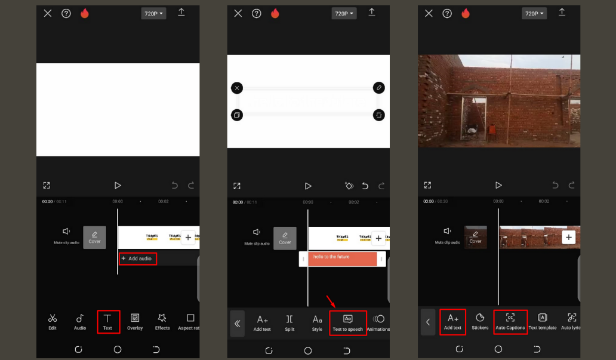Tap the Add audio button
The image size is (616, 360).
pos(137,259)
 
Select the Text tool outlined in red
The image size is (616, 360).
pos(107,321)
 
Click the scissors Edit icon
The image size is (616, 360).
pos(53,321)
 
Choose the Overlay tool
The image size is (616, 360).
pos(135,321)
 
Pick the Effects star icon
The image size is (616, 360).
pos(162,321)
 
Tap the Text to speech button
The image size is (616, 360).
pos(347,322)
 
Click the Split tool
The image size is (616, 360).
pos(289,322)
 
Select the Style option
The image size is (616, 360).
pos(317,322)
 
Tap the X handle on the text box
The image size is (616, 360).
pos(237,88)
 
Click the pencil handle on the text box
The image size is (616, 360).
pos(378,88)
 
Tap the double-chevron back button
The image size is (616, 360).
pos(237,324)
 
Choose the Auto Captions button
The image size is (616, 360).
pos(510,322)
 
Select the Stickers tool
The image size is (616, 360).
pos(480,322)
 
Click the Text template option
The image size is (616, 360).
pos(542,322)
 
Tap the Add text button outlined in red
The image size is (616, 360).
pos(453,322)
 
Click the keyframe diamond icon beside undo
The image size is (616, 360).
pos(349,186)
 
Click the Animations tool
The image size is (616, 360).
pos(378,322)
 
